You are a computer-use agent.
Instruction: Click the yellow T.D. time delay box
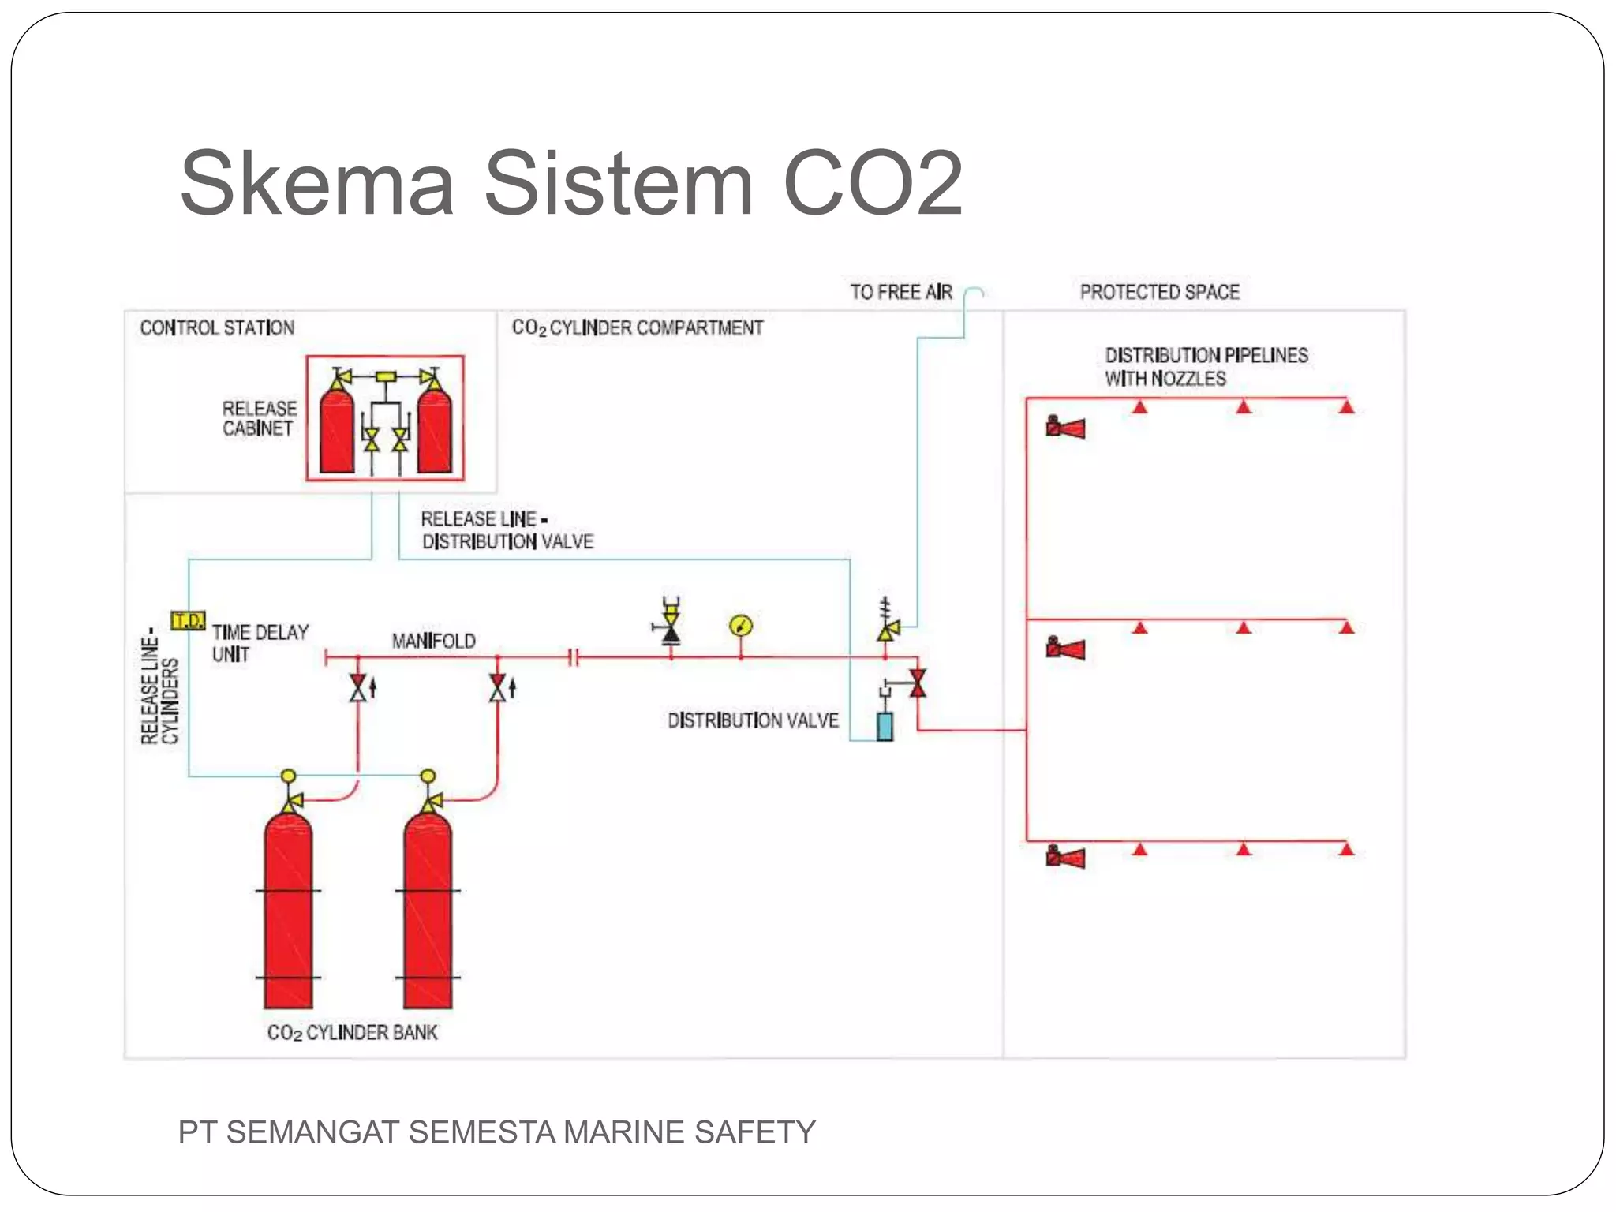[189, 620]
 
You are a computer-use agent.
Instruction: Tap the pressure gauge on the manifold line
[741, 627]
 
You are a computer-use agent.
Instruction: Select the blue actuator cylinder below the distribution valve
[885, 727]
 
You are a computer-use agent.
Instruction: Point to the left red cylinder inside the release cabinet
[337, 430]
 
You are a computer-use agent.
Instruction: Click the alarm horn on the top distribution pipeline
[1065, 428]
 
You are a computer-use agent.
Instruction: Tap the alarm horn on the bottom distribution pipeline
[1065, 857]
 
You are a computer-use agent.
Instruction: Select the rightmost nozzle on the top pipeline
[1346, 407]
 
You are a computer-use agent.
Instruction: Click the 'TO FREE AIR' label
[901, 293]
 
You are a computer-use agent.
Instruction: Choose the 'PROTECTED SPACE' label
[1159, 293]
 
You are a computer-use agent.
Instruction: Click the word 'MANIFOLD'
[434, 641]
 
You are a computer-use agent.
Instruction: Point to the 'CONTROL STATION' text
[217, 327]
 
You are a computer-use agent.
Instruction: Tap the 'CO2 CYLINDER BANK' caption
[352, 1033]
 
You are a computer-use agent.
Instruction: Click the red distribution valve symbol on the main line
[917, 683]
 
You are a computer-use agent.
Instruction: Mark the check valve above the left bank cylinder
[358, 688]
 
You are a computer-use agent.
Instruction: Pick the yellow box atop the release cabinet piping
[386, 376]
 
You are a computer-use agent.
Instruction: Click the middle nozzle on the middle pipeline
[1244, 628]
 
